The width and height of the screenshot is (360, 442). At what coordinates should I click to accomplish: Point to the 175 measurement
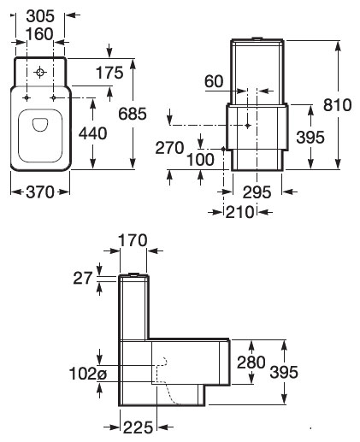click(x=109, y=74)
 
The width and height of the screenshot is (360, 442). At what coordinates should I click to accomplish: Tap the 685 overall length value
click(x=156, y=113)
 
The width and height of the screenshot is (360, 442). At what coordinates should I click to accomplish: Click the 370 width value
click(x=40, y=192)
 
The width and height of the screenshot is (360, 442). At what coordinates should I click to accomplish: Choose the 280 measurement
click(x=251, y=362)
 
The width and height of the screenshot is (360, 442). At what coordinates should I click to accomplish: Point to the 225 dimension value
click(x=138, y=426)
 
